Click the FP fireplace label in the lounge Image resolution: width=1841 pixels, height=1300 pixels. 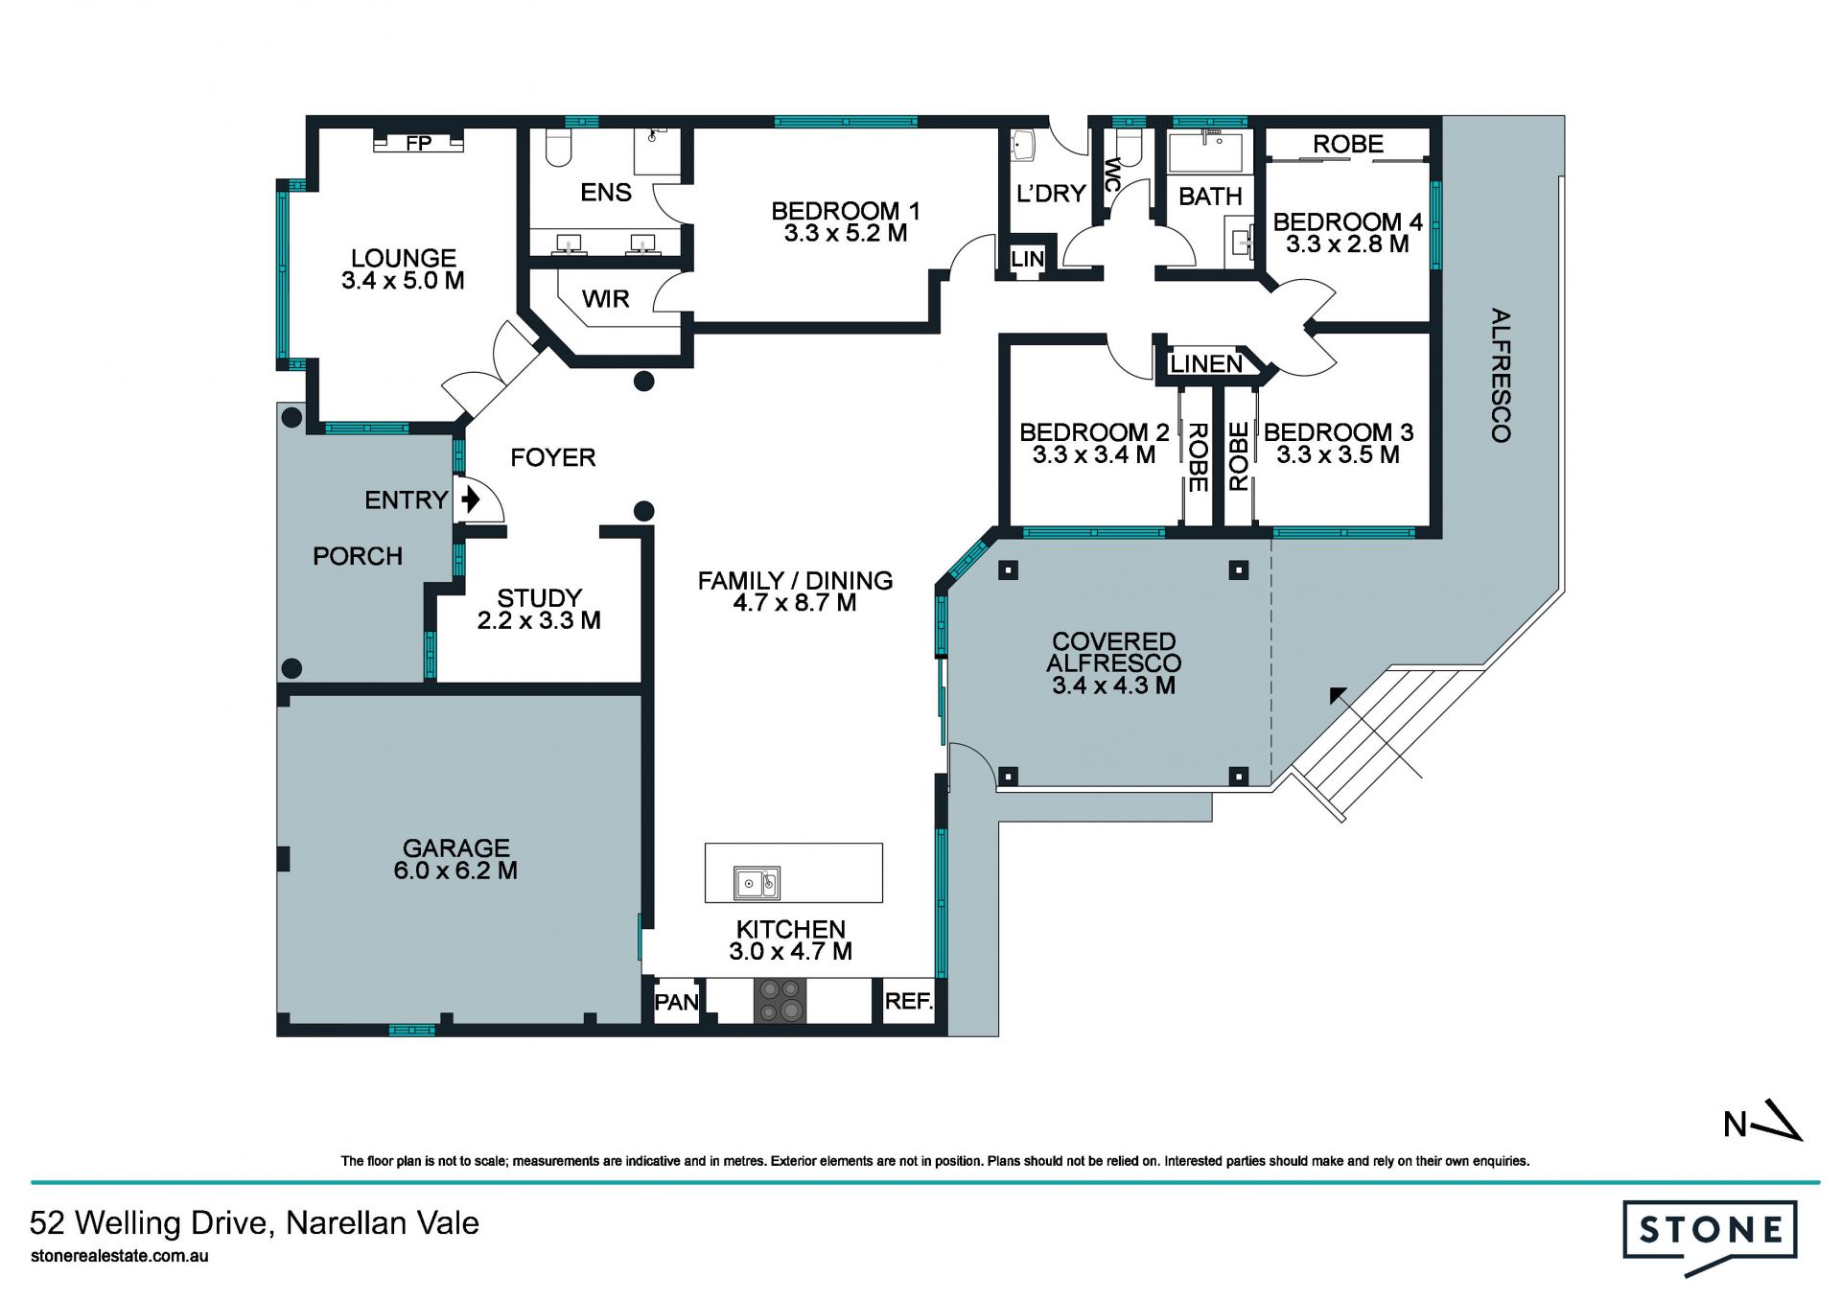pyautogui.click(x=419, y=143)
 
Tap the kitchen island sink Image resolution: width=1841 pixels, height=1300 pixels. pyautogui.click(x=757, y=882)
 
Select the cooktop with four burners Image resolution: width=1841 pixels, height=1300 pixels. pyautogui.click(x=780, y=1000)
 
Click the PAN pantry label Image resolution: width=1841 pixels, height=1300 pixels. pyautogui.click(x=677, y=1002)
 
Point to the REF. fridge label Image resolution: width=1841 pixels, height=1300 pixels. pyautogui.click(x=909, y=1001)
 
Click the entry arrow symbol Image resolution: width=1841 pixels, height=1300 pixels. pyautogui.click(x=470, y=499)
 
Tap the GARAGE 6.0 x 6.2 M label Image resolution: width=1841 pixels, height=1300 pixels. pyautogui.click(x=455, y=859)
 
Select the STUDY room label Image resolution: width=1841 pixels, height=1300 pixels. pyautogui.click(x=539, y=597)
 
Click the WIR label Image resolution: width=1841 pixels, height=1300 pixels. pyautogui.click(x=606, y=299)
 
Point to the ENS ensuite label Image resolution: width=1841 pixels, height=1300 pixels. pyautogui.click(x=606, y=193)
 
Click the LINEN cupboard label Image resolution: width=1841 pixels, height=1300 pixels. pyautogui.click(x=1206, y=364)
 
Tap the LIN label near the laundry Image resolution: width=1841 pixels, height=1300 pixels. pyautogui.click(x=1027, y=259)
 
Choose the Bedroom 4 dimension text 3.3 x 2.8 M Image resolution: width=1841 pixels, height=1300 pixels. pyautogui.click(x=1347, y=244)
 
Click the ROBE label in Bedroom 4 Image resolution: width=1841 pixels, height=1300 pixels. pyautogui.click(x=1348, y=144)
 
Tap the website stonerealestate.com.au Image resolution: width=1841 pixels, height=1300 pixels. pyautogui.click(x=120, y=1256)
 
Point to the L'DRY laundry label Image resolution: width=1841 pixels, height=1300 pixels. pyautogui.click(x=1051, y=194)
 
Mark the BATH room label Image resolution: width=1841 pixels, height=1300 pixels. pyautogui.click(x=1210, y=197)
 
